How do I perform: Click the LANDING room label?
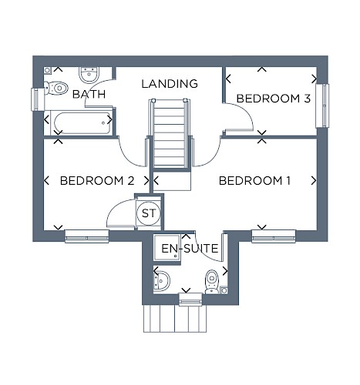point(170,84)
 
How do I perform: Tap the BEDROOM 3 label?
point(274,99)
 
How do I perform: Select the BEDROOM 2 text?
point(97,181)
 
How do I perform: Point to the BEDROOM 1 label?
point(254,181)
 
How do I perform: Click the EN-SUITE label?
point(190,249)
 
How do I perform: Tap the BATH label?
point(89,94)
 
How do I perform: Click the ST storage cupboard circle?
point(149,213)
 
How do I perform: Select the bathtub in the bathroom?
point(81,122)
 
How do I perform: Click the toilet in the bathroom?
point(56,88)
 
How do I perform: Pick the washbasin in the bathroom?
point(89,75)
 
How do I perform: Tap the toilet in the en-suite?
point(212,282)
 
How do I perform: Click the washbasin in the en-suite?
point(161,281)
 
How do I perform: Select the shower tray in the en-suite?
point(167,247)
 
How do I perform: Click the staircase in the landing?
point(170,133)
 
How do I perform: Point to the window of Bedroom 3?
point(322,105)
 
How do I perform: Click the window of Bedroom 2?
point(87,236)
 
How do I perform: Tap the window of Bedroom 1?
point(274,236)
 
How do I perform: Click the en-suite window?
point(190,300)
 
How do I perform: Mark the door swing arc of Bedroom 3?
point(245,111)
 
